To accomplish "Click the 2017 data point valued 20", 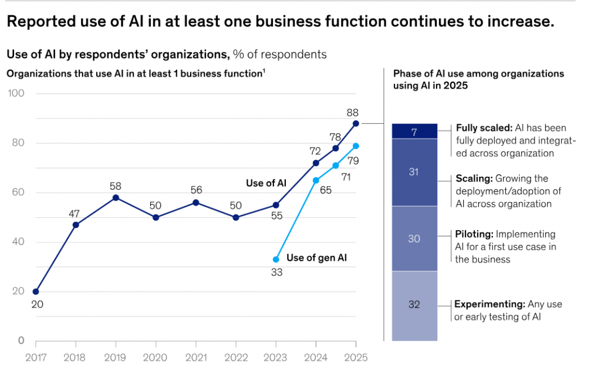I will [36, 291].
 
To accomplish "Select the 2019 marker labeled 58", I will [116, 197].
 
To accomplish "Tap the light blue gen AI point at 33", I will [276, 260].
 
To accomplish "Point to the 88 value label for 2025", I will [353, 112].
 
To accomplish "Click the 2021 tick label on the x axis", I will [196, 356].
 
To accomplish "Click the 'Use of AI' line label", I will [266, 183].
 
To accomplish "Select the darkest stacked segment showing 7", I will [414, 132].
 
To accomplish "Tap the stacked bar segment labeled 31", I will [414, 172].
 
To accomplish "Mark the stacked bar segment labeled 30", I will [414, 238].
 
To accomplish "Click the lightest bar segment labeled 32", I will [414, 305].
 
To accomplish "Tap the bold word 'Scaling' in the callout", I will [473, 178].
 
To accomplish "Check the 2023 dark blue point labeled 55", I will [276, 205].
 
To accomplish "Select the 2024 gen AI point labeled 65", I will [316, 180].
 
